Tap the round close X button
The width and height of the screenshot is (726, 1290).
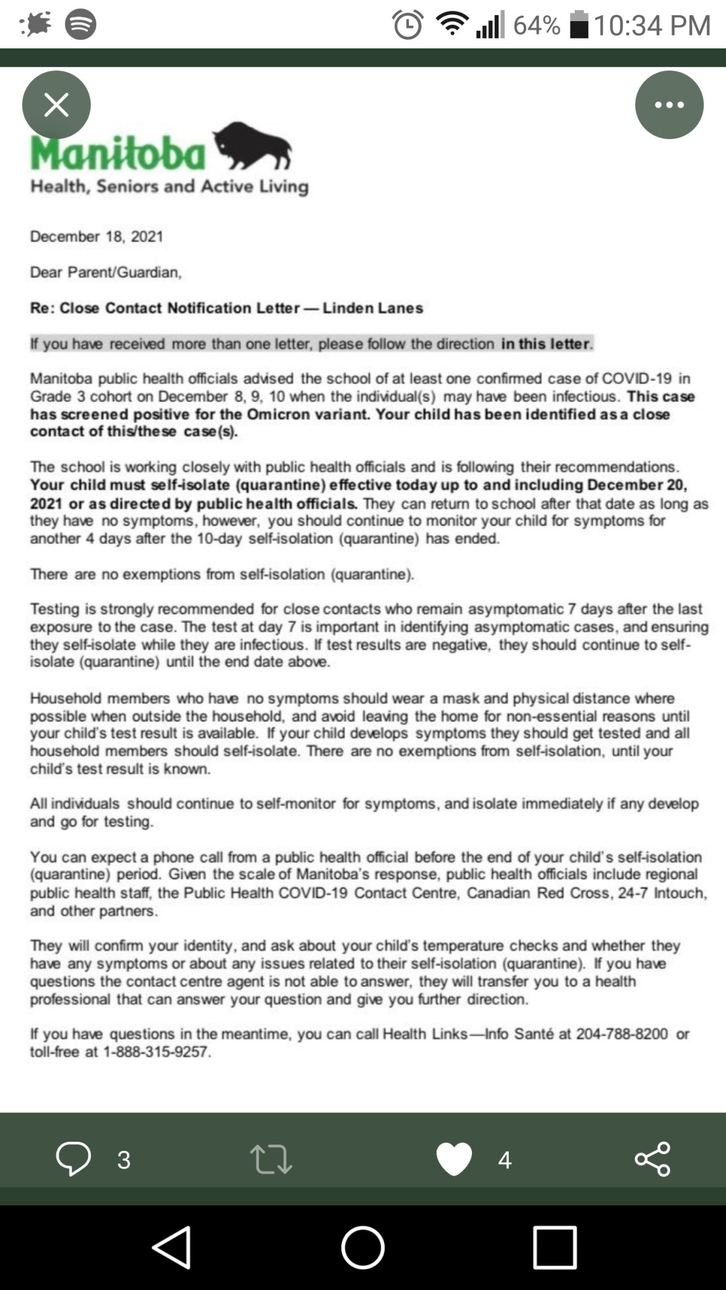56,105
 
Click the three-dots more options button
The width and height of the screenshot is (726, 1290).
669,105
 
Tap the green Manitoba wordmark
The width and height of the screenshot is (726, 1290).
119,154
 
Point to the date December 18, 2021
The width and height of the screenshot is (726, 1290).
97,236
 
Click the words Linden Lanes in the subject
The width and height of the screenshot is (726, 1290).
373,308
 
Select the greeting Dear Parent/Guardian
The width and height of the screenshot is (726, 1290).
106,272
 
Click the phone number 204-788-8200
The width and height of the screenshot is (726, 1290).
621,1034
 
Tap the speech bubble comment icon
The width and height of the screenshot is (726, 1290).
73,1159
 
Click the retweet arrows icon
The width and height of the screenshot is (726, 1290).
271,1159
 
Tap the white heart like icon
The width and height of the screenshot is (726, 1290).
454,1159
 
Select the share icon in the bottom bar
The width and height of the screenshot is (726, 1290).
652,1159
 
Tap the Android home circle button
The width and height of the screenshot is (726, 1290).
362,1247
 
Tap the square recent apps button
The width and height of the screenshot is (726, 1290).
554,1247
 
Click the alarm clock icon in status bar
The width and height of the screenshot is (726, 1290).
407,25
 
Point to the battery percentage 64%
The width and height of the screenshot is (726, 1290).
536,25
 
